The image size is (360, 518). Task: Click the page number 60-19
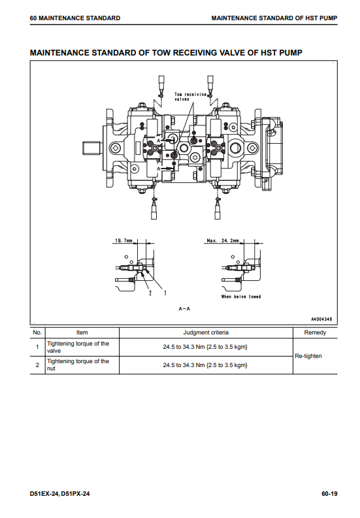[329, 494]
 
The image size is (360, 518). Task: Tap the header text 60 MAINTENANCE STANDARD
[75, 18]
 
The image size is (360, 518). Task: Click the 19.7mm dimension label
[123, 240]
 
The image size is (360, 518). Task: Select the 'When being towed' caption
[241, 297]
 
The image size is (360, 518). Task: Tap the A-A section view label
[184, 309]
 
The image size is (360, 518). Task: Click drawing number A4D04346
[321, 319]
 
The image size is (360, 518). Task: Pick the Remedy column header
[315, 332]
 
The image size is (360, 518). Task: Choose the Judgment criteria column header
[206, 332]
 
